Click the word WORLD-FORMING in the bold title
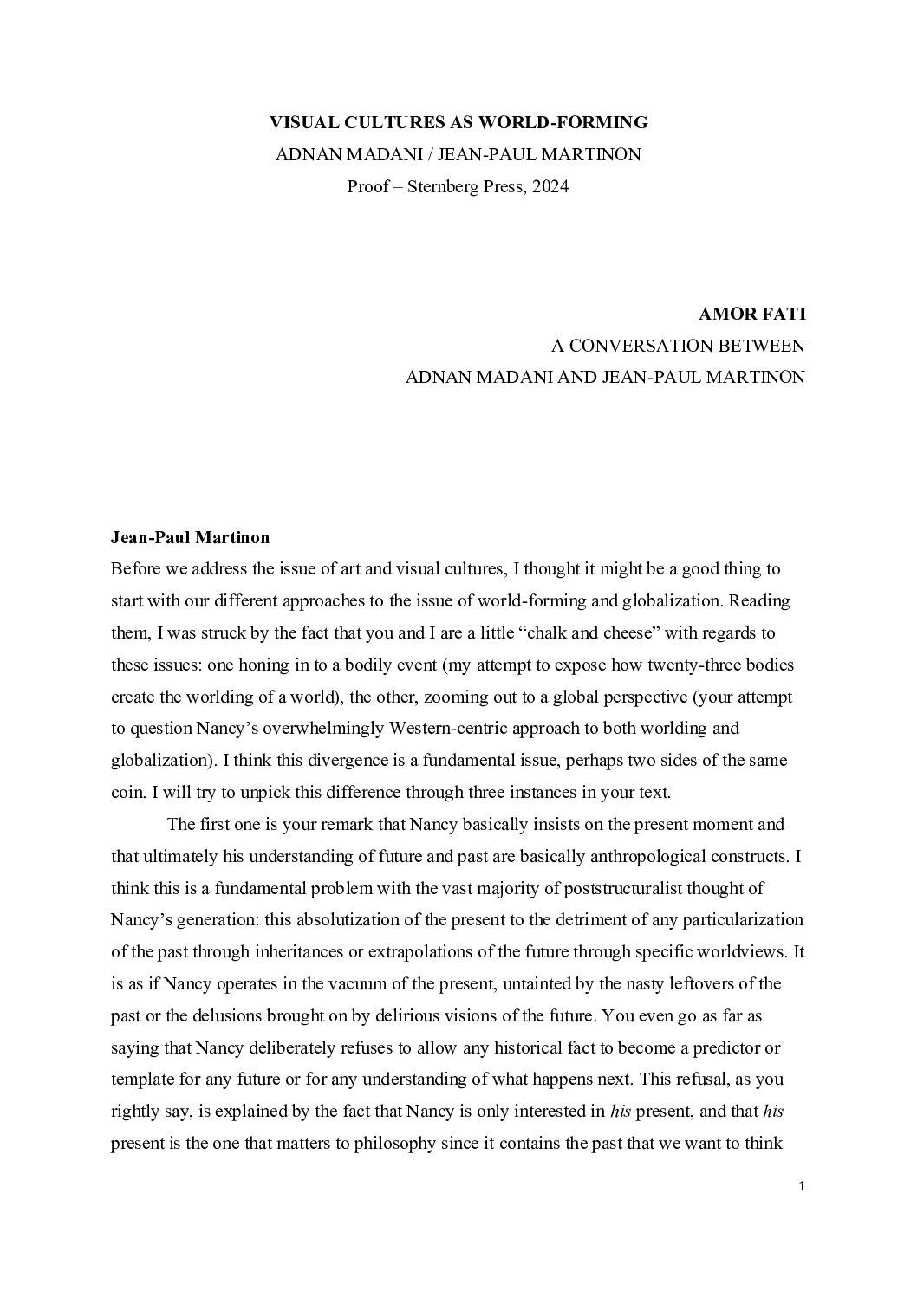572,122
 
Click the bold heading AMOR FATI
751,314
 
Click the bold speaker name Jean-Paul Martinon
190,537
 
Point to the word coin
127,792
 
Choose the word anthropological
655,856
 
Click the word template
144,1080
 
